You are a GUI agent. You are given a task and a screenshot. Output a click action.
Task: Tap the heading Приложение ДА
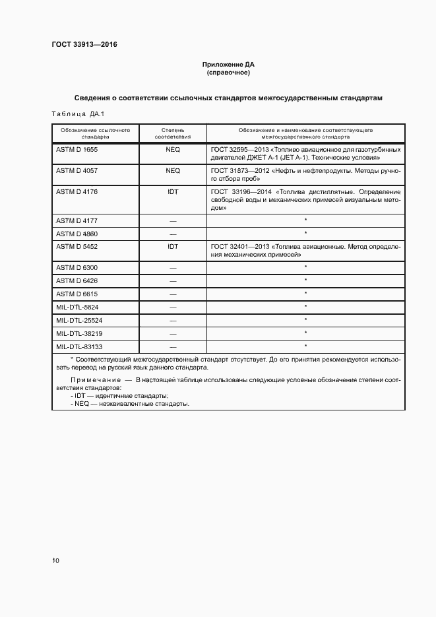click(x=228, y=65)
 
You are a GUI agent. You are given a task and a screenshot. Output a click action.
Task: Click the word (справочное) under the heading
click(x=228, y=73)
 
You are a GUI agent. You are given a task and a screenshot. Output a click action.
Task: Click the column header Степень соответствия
click(x=173, y=134)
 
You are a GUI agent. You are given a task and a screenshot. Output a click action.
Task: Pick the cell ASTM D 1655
click(x=77, y=150)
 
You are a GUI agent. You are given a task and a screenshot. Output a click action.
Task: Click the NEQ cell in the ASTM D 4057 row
click(x=173, y=170)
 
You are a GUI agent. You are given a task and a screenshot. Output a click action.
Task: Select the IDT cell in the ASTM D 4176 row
click(x=173, y=191)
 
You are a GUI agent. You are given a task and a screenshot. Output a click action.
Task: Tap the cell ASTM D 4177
click(x=77, y=220)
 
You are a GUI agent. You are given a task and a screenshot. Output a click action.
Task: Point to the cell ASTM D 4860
click(x=77, y=234)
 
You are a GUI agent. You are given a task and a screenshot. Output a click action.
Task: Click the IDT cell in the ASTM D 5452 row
click(x=173, y=246)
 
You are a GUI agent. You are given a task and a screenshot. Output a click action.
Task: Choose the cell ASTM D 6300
click(x=77, y=267)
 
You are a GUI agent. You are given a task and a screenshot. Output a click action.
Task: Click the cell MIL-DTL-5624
click(x=77, y=307)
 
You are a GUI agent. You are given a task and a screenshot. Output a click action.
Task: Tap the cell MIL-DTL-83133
click(x=79, y=346)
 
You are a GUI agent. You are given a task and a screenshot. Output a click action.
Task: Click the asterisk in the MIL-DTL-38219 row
click(x=306, y=333)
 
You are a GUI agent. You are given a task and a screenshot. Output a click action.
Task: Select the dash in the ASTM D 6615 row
click(x=173, y=294)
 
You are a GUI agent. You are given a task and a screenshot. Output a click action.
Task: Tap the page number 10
click(x=55, y=561)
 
